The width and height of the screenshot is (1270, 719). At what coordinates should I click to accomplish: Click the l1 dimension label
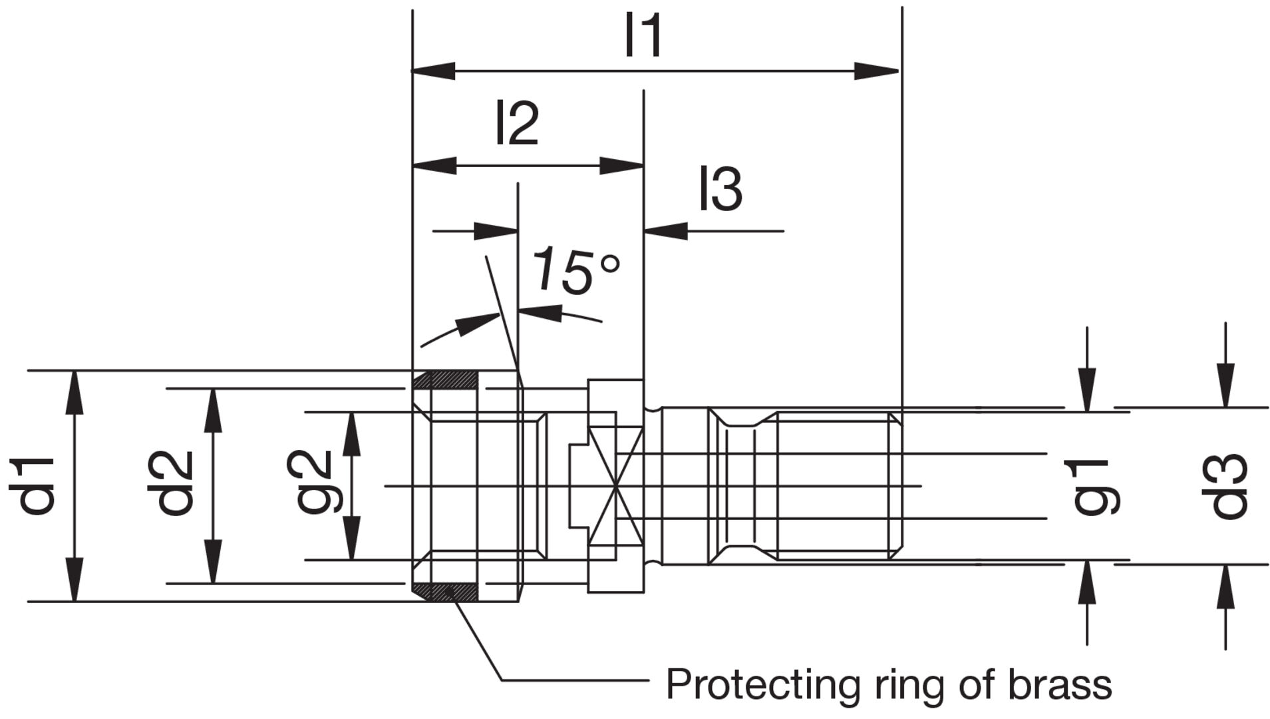(x=643, y=35)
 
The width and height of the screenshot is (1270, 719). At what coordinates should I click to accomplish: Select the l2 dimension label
(x=517, y=123)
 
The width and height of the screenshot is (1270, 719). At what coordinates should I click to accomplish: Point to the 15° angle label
(x=576, y=270)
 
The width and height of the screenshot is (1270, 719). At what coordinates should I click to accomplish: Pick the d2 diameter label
(x=171, y=484)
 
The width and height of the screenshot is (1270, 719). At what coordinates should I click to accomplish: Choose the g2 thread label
(x=313, y=483)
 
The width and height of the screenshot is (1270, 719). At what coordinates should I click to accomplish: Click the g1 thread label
(x=1095, y=487)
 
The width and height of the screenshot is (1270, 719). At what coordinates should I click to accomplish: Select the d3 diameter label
(x=1228, y=486)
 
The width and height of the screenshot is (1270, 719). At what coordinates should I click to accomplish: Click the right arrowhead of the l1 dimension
(x=877, y=71)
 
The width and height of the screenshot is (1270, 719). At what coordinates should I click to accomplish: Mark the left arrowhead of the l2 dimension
(x=434, y=165)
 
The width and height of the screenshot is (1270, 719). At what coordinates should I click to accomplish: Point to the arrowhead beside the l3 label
(x=665, y=231)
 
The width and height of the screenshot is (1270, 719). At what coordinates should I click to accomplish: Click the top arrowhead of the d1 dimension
(x=75, y=393)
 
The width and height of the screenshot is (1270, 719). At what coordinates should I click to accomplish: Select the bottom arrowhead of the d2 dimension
(x=213, y=563)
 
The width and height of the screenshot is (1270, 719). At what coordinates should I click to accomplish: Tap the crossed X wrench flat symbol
(x=617, y=486)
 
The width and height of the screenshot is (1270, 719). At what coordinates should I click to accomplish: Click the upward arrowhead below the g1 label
(x=1087, y=583)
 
